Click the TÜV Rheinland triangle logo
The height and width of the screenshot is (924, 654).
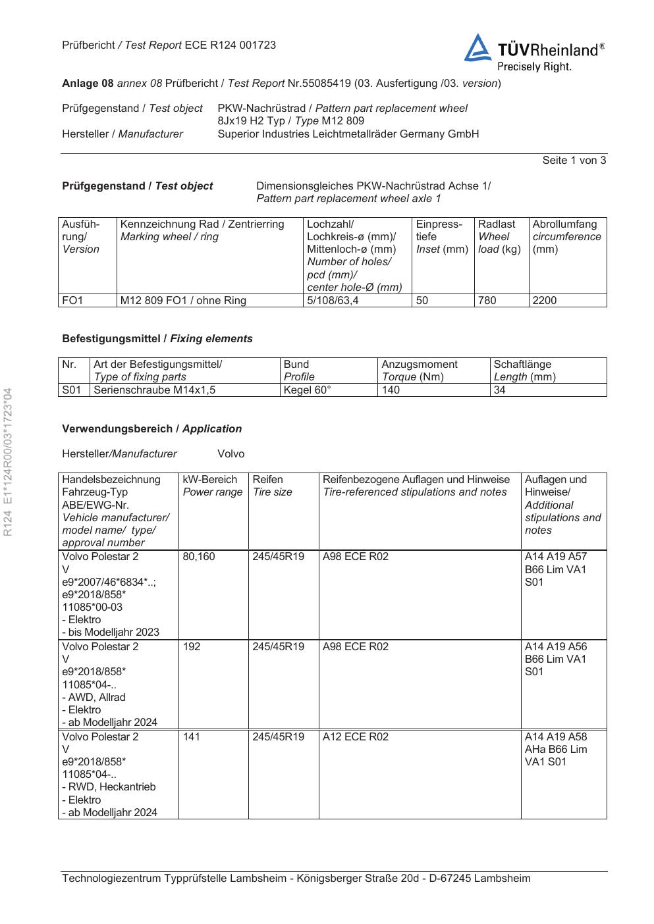click(477, 49)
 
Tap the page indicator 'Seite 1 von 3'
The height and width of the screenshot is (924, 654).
click(574, 160)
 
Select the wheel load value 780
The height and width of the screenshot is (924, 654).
click(487, 301)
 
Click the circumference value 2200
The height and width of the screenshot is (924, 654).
click(545, 301)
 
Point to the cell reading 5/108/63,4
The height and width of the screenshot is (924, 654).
click(333, 301)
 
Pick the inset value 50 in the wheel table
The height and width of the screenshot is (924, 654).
click(422, 301)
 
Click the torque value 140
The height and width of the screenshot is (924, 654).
click(391, 390)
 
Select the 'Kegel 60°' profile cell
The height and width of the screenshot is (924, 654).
click(307, 390)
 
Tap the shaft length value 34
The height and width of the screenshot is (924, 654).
click(500, 390)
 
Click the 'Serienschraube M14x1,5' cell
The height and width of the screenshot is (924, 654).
click(155, 390)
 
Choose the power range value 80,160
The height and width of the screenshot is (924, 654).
click(199, 557)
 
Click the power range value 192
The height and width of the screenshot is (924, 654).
click(192, 647)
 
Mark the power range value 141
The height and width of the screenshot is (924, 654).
click(192, 737)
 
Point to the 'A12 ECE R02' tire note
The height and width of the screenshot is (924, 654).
click(356, 737)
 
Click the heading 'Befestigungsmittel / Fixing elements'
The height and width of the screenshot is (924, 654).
click(157, 339)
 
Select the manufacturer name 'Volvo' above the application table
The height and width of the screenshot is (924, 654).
click(231, 454)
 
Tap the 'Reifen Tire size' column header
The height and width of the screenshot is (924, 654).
click(272, 486)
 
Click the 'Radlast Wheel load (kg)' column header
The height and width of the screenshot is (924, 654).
click(499, 237)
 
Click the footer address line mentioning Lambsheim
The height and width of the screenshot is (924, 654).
click(296, 879)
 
